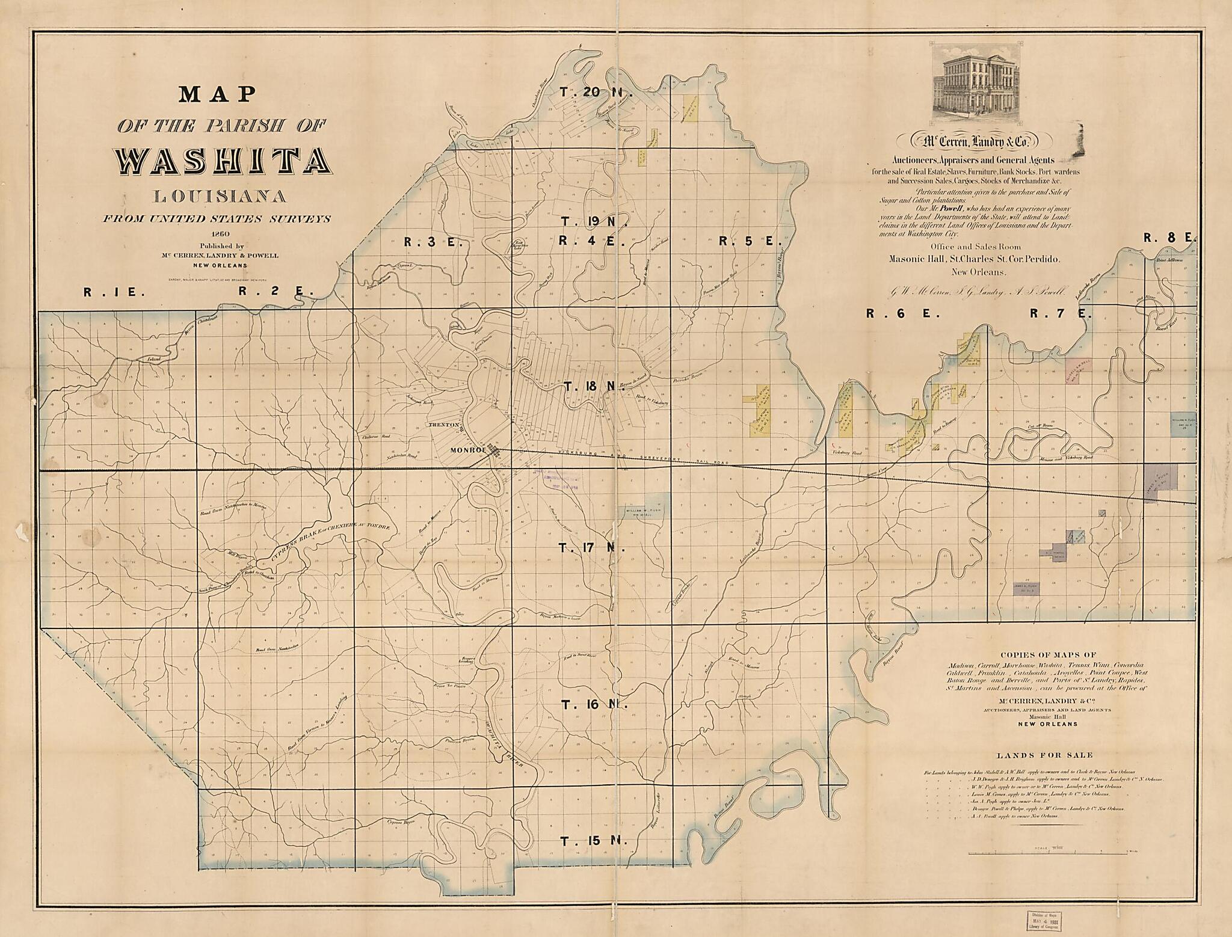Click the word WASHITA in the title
223,161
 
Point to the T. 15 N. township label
594,841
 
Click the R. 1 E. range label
114,292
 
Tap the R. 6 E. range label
890,313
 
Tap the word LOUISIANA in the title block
220,196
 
